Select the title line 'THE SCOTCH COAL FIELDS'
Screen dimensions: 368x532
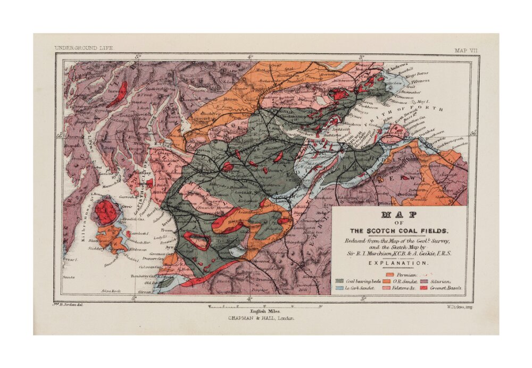click(399, 231)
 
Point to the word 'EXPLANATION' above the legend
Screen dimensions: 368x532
click(399, 263)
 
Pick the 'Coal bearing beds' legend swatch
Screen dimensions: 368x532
click(339, 280)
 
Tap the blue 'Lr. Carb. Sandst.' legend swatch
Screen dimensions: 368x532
click(339, 288)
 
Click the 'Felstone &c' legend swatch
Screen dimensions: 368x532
click(386, 288)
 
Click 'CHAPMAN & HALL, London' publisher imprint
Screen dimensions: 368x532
click(261, 319)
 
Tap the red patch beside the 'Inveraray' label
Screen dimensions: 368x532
click(119, 94)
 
